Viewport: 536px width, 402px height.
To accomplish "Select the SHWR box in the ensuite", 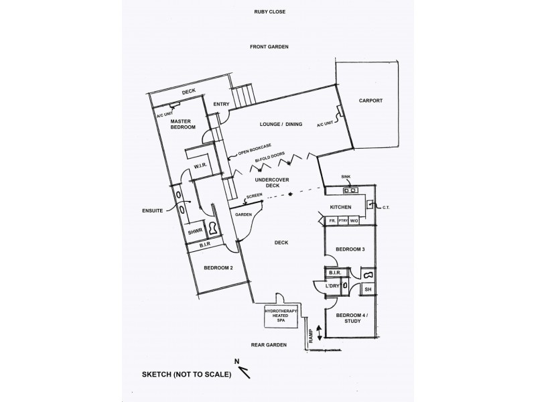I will [x=194, y=232].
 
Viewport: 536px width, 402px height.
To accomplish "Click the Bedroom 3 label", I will [x=350, y=249].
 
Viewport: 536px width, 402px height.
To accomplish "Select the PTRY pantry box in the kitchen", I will [x=343, y=220].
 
